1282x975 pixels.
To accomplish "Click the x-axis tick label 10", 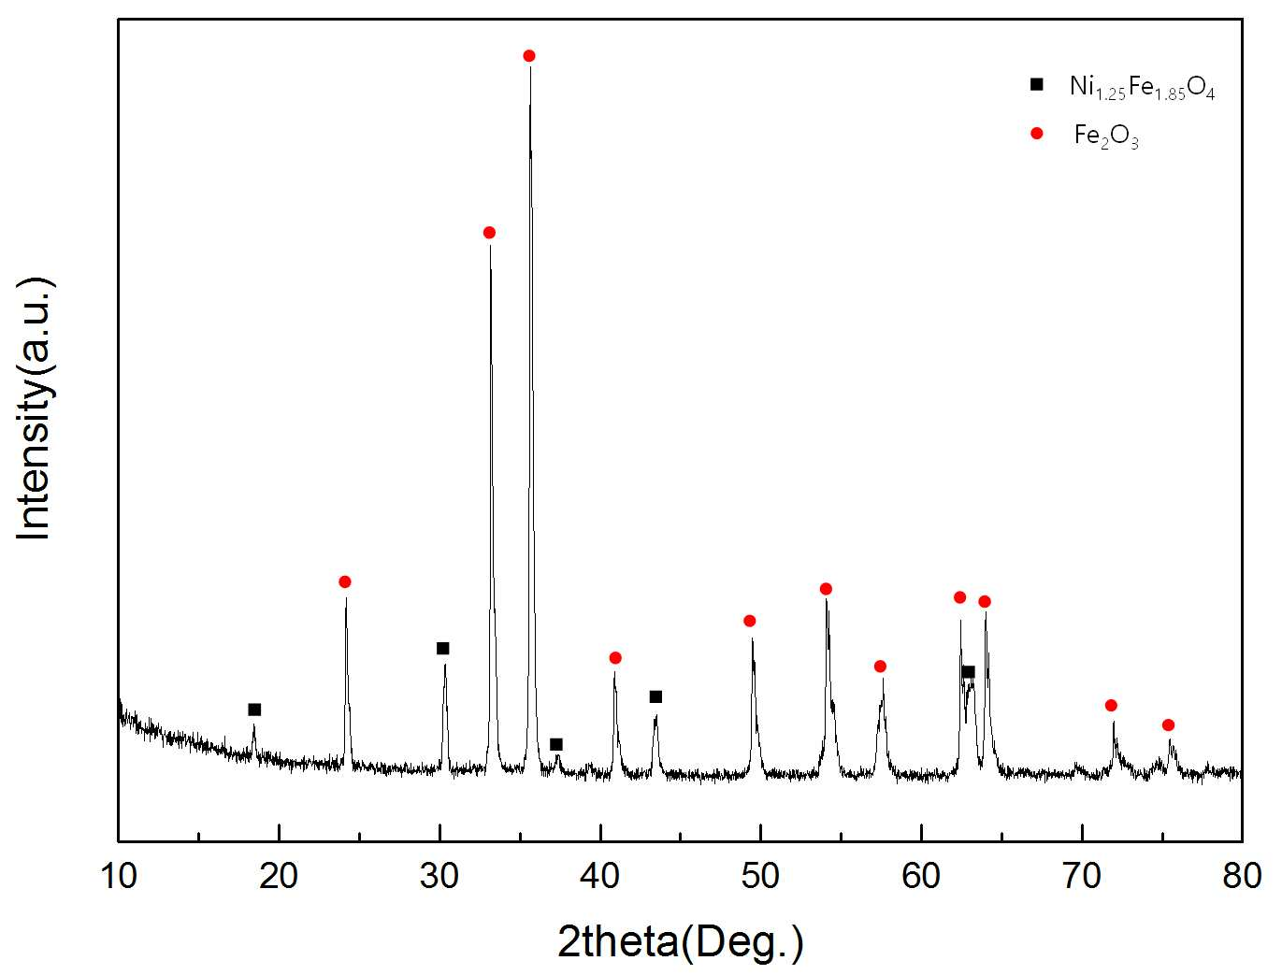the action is click(119, 876).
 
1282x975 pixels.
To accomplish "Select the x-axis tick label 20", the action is click(279, 876).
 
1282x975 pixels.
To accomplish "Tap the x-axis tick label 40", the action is click(599, 876).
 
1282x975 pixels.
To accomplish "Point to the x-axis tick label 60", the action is click(921, 876).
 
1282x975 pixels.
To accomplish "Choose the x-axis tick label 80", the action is click(1242, 876).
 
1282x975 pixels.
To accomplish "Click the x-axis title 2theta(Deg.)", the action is click(681, 941).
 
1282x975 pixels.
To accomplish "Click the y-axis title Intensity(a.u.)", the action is click(35, 409).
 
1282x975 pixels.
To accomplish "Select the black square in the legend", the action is click(1037, 85).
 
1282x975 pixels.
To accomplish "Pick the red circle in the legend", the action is click(1037, 134).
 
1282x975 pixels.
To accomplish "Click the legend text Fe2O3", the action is click(1106, 137).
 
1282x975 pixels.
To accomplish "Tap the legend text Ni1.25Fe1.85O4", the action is click(1142, 88).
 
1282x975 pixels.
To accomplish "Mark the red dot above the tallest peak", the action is click(529, 56).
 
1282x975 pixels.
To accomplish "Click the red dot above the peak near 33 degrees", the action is click(489, 233).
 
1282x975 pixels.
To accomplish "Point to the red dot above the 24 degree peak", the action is click(345, 582).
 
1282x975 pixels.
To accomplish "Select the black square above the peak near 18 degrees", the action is click(254, 710).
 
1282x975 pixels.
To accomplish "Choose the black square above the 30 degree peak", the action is click(442, 649).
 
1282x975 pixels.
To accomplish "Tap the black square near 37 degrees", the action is click(556, 744).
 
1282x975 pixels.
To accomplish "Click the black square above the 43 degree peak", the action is click(655, 697).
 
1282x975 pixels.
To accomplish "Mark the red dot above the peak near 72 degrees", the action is click(1111, 706).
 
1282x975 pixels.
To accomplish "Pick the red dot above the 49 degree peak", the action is click(750, 621).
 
